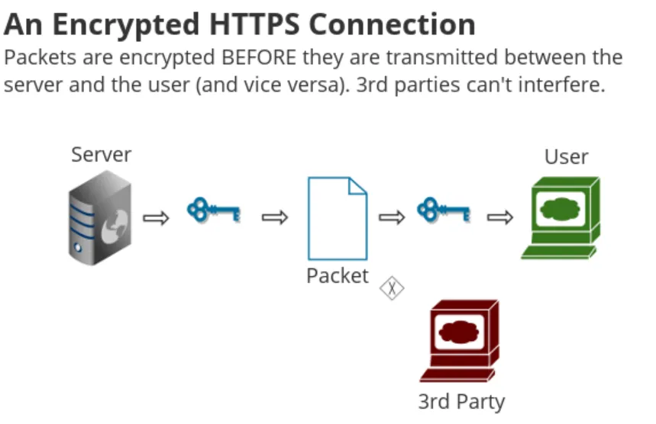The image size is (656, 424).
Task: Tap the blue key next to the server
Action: [213, 210]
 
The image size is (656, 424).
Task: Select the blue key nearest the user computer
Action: [442, 210]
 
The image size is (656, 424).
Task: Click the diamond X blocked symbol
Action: [392, 287]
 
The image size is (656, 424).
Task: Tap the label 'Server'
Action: [102, 155]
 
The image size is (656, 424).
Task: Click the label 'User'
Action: [566, 157]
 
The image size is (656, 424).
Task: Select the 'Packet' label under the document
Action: [337, 275]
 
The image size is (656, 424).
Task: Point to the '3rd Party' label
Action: [461, 401]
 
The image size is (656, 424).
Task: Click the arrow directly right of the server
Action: [156, 219]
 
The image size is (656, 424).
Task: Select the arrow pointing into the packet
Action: [274, 219]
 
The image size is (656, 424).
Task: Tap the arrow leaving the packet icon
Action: [392, 219]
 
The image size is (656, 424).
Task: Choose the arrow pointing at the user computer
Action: [500, 219]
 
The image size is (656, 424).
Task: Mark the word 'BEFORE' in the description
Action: [260, 57]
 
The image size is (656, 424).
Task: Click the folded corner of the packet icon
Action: [357, 186]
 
